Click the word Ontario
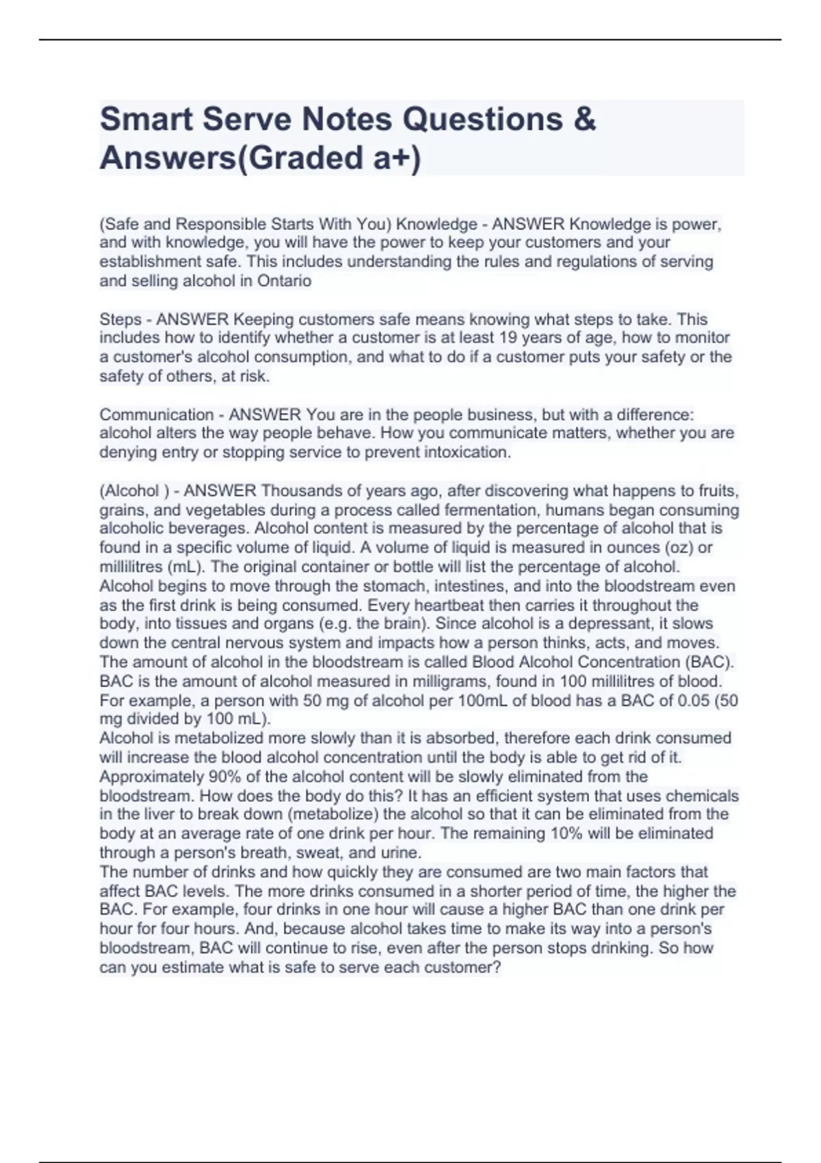[x=284, y=280]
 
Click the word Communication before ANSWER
[x=157, y=415]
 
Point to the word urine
[x=400, y=852]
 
